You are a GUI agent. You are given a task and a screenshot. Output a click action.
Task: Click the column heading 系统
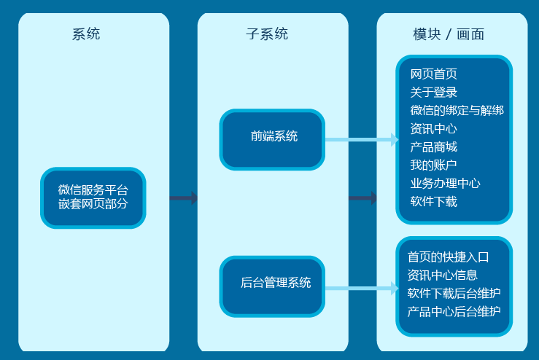click(86, 34)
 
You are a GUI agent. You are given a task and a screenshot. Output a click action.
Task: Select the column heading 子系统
click(267, 34)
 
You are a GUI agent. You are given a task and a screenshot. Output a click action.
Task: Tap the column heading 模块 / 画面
click(449, 34)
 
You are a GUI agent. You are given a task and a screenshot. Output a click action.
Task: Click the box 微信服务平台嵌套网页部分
click(93, 197)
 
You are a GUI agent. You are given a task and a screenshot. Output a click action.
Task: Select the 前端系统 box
click(273, 138)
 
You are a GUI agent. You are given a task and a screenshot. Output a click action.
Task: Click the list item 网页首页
click(433, 74)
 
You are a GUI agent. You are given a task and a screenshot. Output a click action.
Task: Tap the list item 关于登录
click(433, 93)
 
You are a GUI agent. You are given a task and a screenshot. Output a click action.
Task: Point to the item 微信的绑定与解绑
click(457, 111)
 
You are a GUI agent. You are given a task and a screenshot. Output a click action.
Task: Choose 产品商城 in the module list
click(433, 147)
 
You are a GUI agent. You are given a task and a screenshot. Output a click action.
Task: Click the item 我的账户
click(433, 165)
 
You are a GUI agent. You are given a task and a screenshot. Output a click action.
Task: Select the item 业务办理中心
click(445, 184)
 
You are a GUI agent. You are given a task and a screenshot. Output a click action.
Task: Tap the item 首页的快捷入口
click(448, 257)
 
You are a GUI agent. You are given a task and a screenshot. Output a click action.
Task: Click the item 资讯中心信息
click(442, 275)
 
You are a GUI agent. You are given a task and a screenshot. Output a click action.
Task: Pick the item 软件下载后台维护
click(454, 293)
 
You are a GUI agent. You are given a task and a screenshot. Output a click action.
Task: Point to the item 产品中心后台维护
click(454, 312)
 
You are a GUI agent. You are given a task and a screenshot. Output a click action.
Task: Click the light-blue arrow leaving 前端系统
click(361, 139)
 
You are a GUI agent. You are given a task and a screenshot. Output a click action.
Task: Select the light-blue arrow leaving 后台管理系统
click(361, 289)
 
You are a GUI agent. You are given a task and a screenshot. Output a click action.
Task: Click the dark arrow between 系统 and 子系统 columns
click(184, 197)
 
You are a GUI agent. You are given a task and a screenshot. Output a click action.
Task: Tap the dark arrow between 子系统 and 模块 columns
click(362, 197)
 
